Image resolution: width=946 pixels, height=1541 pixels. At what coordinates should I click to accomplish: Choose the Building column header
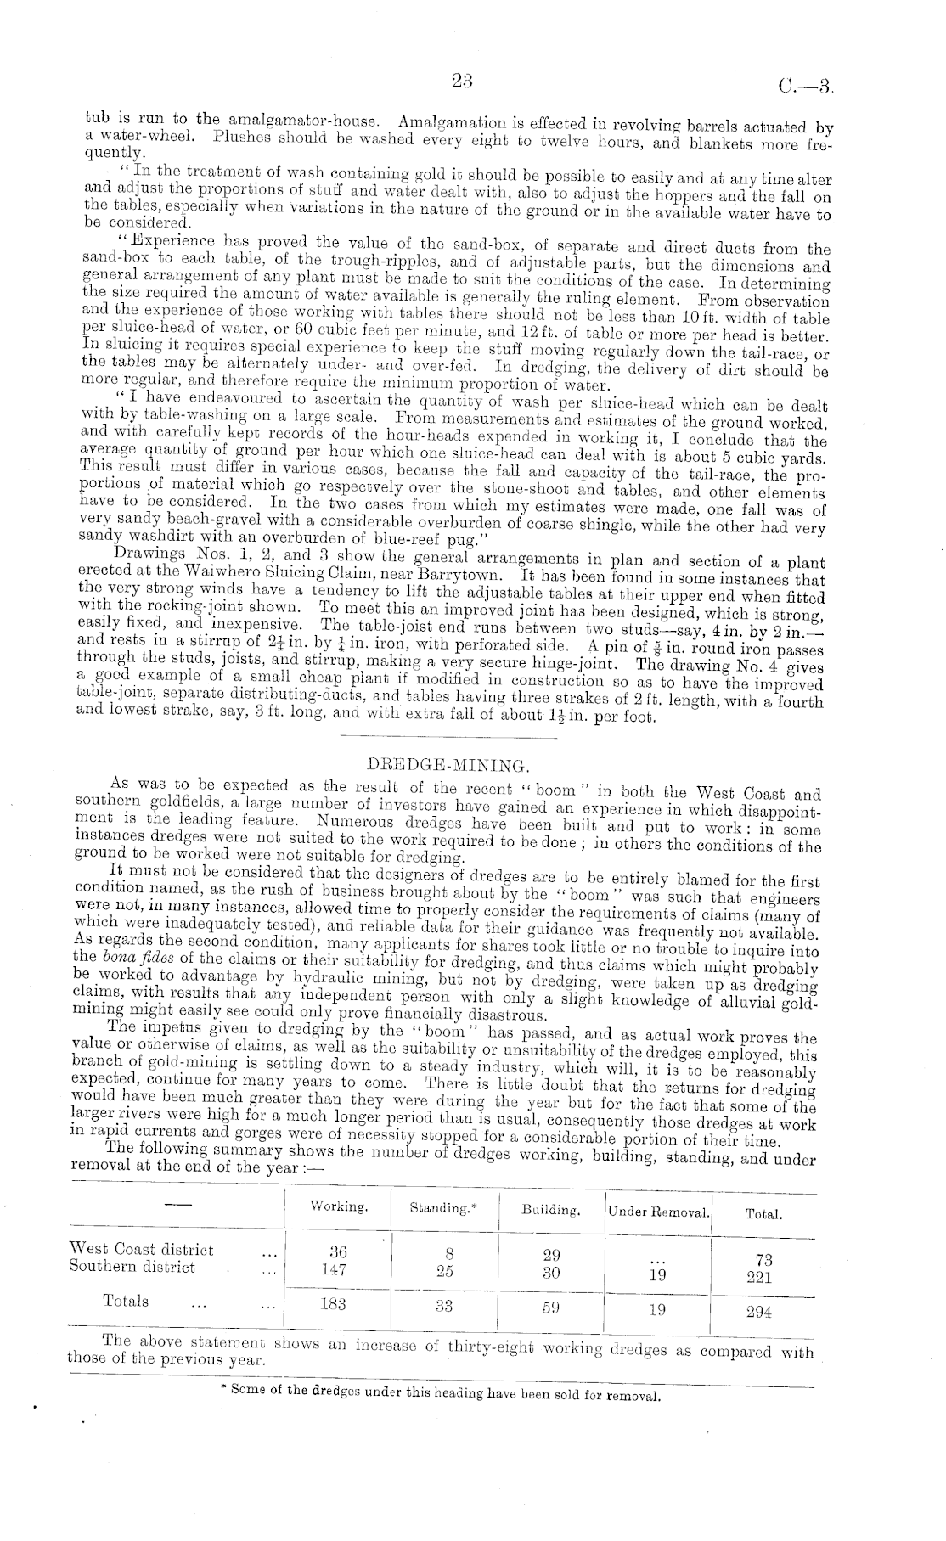551,1209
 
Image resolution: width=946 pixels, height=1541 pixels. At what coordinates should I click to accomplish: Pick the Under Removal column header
659,1212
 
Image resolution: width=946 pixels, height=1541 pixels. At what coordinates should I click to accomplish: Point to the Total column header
763,1214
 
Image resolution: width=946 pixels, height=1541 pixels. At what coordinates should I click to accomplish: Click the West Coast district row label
141,1250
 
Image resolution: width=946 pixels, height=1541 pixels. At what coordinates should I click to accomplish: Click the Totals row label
126,1301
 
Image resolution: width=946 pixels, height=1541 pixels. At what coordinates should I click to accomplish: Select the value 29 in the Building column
551,1255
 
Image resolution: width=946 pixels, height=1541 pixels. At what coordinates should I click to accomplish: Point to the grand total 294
758,1312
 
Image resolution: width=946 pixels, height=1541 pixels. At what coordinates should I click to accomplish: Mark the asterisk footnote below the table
439,1395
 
